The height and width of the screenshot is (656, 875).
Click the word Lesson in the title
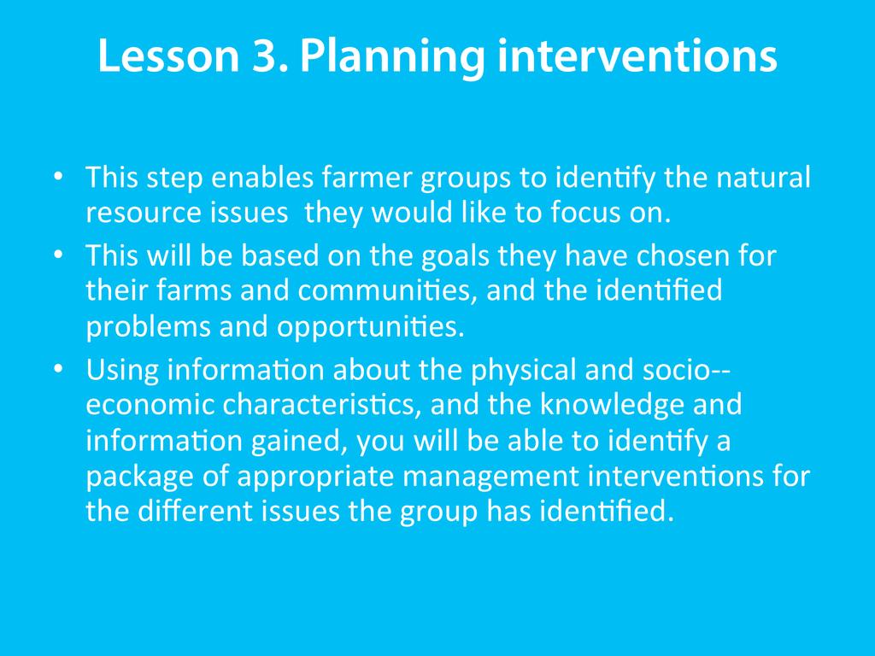[168, 56]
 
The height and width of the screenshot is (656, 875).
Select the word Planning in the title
[391, 59]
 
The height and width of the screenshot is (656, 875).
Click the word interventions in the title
[637, 56]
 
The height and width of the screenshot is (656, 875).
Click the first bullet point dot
[58, 177]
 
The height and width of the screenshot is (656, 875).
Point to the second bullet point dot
[58, 255]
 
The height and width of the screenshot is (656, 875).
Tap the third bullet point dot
[58, 369]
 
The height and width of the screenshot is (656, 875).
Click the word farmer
[367, 177]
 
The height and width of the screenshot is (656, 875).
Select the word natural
[763, 177]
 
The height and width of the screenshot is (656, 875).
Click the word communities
[387, 290]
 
